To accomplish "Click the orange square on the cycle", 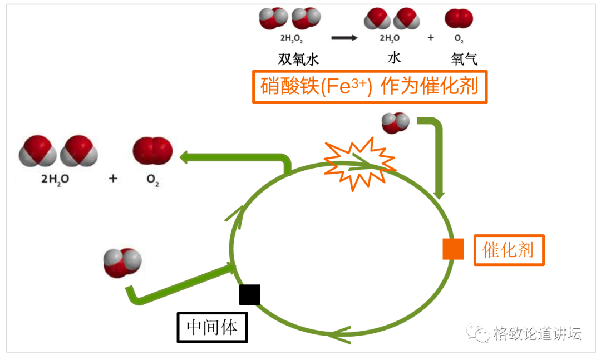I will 453,249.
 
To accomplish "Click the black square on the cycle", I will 249,294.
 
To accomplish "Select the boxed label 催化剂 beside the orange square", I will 509,250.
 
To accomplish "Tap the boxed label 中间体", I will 212,327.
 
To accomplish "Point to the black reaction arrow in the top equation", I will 344,38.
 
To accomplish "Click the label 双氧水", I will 299,59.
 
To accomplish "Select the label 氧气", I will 465,59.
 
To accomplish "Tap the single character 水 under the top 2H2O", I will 394,57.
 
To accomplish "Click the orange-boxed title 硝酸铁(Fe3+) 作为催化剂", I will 370,87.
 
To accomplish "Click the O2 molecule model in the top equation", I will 459,19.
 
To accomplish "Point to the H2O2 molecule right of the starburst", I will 396,122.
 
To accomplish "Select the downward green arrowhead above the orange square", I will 440,195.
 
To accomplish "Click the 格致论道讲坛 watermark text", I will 538,334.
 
